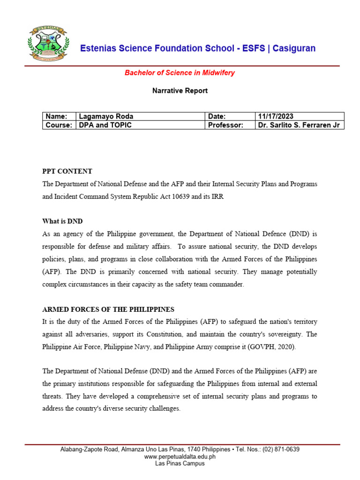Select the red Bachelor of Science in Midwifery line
[x=180, y=73]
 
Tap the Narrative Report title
[x=180, y=90]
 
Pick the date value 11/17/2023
[x=276, y=116]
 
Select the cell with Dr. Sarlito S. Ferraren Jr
[x=299, y=125]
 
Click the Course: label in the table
[x=59, y=125]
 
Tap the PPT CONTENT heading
[x=67, y=171]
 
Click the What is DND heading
[x=62, y=221]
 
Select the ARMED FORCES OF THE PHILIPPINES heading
[x=108, y=309]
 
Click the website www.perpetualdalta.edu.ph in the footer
[x=180, y=456]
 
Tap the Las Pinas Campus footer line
[x=180, y=463]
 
